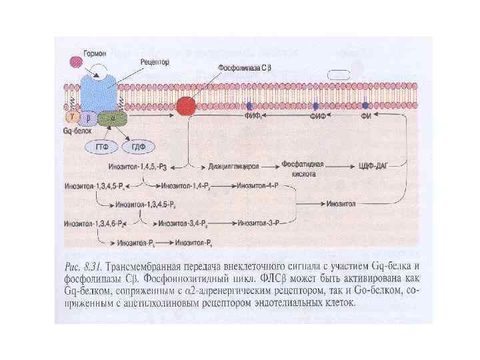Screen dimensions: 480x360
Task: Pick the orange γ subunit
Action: pyautogui.click(x=70, y=116)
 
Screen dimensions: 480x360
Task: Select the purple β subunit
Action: pyautogui.click(x=87, y=118)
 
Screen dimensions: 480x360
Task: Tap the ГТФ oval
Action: pyautogui.click(x=101, y=146)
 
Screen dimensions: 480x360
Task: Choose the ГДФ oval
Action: pyautogui.click(x=139, y=146)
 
